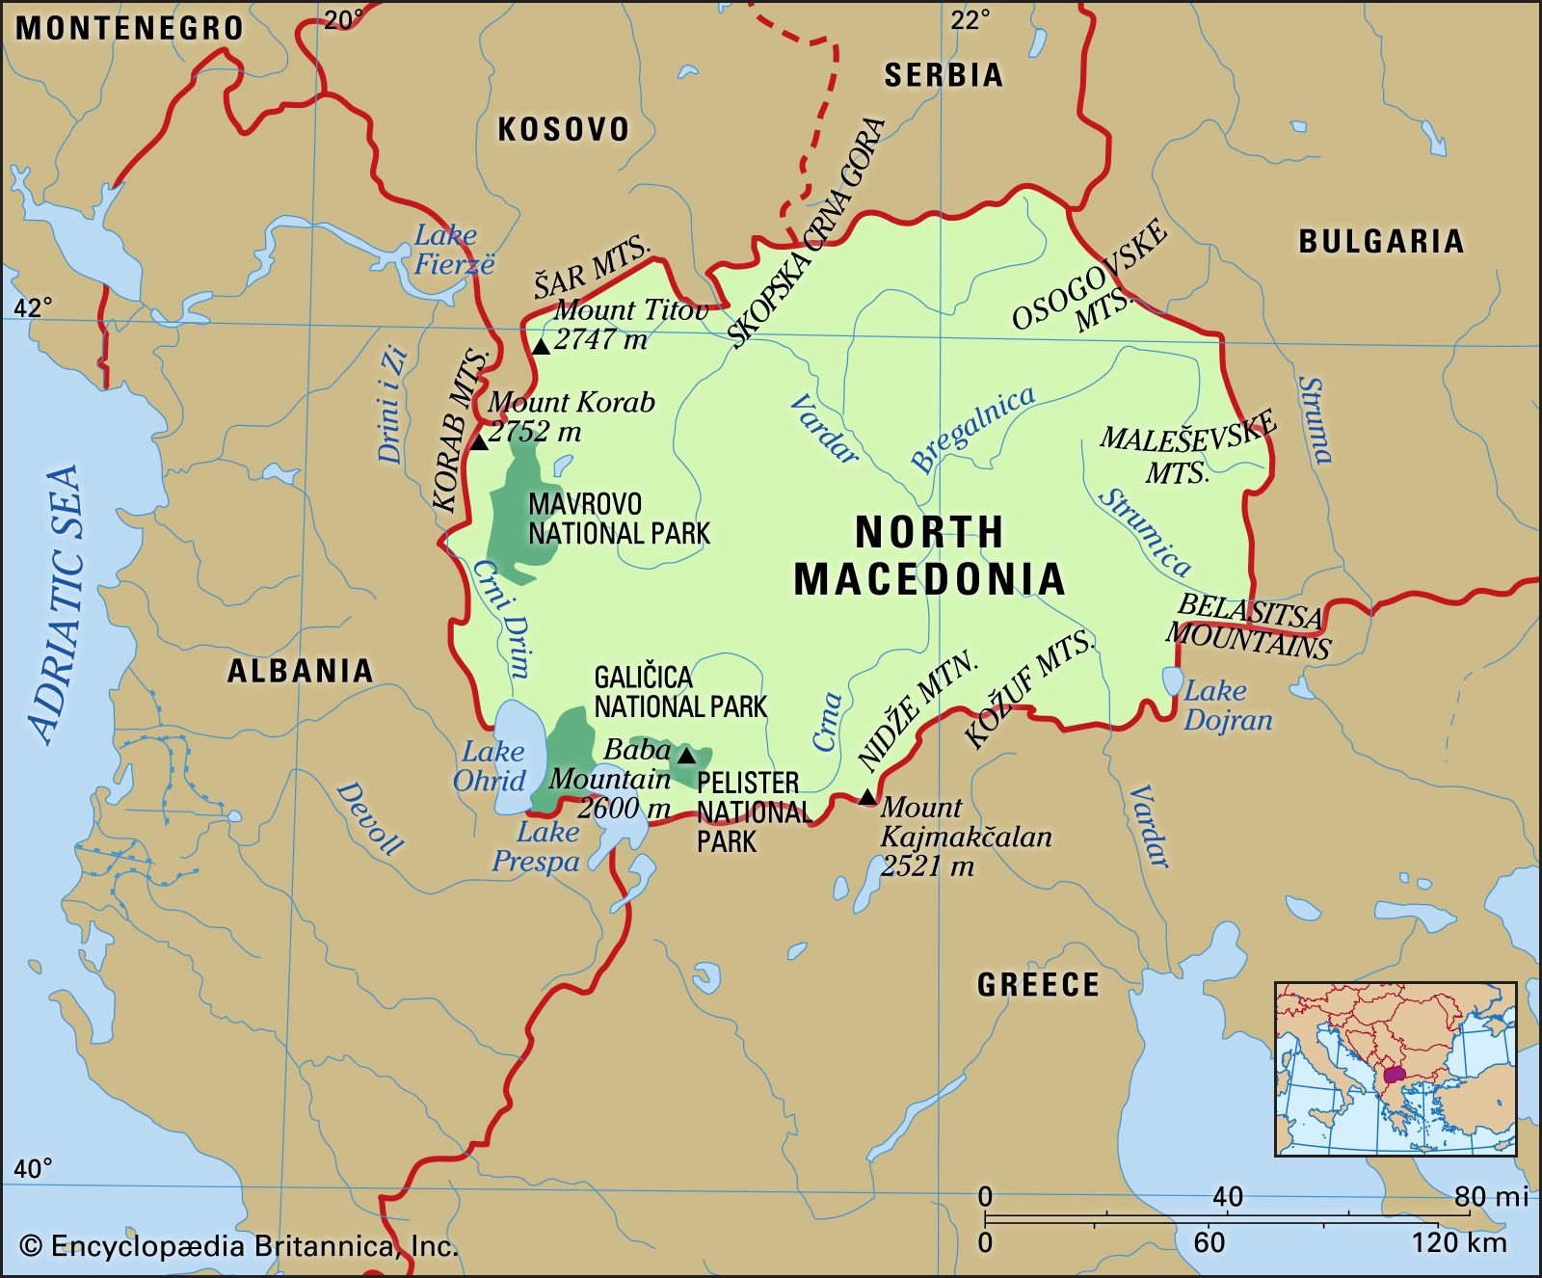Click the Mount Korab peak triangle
(479, 442)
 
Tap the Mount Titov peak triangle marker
(541, 346)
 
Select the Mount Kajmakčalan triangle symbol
(867, 796)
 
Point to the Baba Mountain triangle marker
(686, 755)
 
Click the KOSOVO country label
(564, 129)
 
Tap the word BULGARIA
(1381, 241)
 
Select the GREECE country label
(1038, 984)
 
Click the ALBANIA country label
(300, 671)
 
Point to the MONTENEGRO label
(130, 28)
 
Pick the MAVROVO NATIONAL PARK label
(619, 519)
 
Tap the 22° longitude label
(970, 20)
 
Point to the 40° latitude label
(33, 1169)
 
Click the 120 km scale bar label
(1459, 1242)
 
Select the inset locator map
(1395, 1069)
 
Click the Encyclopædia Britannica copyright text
(239, 1246)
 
